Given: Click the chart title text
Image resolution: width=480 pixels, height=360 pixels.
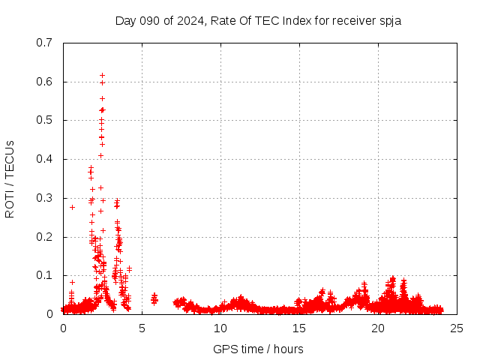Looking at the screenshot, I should [x=258, y=20].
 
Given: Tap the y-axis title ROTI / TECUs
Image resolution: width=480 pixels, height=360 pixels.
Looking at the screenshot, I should [x=10, y=178].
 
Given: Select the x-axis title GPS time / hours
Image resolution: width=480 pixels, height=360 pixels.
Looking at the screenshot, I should [x=258, y=349].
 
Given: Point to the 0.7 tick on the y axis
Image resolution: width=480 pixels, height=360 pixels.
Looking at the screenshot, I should [x=44, y=43].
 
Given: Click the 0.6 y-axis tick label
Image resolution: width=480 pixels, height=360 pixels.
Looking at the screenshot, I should [x=44, y=82].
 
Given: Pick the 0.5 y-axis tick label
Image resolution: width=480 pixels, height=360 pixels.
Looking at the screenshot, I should [x=44, y=120].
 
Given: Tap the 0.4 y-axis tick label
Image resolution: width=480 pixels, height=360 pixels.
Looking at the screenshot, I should [x=44, y=159].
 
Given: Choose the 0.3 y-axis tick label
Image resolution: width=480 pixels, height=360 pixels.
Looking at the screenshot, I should [x=44, y=198].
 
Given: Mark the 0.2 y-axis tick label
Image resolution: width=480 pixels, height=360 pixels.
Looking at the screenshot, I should [x=44, y=237].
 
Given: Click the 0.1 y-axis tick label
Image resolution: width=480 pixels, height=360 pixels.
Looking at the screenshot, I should [x=44, y=275].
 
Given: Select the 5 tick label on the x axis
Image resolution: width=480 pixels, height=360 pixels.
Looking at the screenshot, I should [x=142, y=328].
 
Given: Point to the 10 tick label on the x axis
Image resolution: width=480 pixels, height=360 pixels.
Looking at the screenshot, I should [x=220, y=328].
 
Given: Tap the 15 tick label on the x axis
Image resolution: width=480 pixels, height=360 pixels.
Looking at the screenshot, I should [x=299, y=328].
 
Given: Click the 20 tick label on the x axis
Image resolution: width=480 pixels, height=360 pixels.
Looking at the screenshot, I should [x=378, y=328].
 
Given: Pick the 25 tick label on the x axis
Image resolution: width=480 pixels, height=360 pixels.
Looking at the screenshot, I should [x=457, y=328].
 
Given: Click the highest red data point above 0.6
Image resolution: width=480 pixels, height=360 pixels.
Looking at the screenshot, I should [x=102, y=75].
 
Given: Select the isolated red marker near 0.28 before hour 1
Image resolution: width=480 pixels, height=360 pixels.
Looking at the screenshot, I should [x=72, y=207].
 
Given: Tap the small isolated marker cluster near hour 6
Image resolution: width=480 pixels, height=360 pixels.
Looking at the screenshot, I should [x=154, y=299].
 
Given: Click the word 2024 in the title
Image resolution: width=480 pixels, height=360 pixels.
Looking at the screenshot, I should [x=187, y=20].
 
